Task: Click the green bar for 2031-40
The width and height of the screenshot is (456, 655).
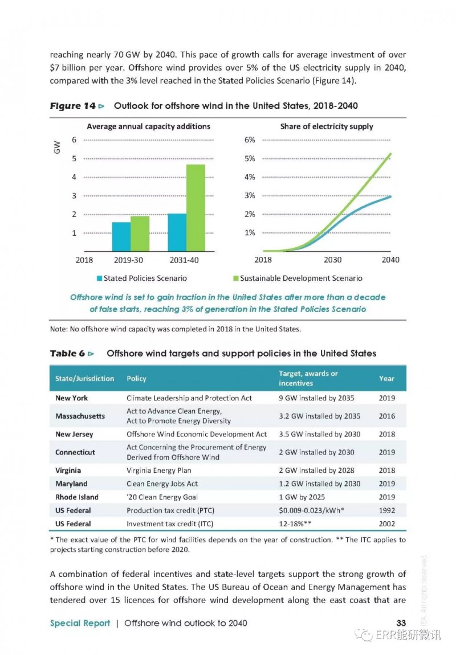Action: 196,208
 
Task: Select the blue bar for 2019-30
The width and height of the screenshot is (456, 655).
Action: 121,236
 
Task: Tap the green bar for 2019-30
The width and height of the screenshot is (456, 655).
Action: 140,234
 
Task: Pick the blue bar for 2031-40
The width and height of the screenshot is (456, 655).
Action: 177,232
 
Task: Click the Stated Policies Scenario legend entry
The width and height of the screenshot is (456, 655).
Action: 142,278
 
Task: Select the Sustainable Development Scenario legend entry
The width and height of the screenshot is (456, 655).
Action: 298,278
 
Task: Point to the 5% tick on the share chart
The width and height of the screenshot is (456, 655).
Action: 250,158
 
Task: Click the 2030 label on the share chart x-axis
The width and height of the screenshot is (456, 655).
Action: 332,260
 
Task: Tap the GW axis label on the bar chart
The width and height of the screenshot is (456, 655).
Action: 57,147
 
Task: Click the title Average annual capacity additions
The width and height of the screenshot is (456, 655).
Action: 148,126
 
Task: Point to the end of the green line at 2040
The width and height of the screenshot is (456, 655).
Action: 391,153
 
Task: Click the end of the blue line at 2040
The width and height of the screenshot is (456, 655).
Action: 391,197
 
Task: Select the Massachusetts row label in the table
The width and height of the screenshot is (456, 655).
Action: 80,416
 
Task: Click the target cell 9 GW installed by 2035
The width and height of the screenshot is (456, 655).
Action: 316,398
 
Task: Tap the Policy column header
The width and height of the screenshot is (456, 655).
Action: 136,378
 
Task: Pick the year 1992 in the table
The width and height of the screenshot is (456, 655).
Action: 387,510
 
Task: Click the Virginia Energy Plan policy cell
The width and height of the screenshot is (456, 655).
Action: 159,470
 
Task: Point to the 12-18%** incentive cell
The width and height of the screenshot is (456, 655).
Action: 295,524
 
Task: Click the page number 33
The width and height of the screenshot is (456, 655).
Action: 401,623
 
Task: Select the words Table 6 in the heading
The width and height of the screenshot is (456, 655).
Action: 67,353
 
